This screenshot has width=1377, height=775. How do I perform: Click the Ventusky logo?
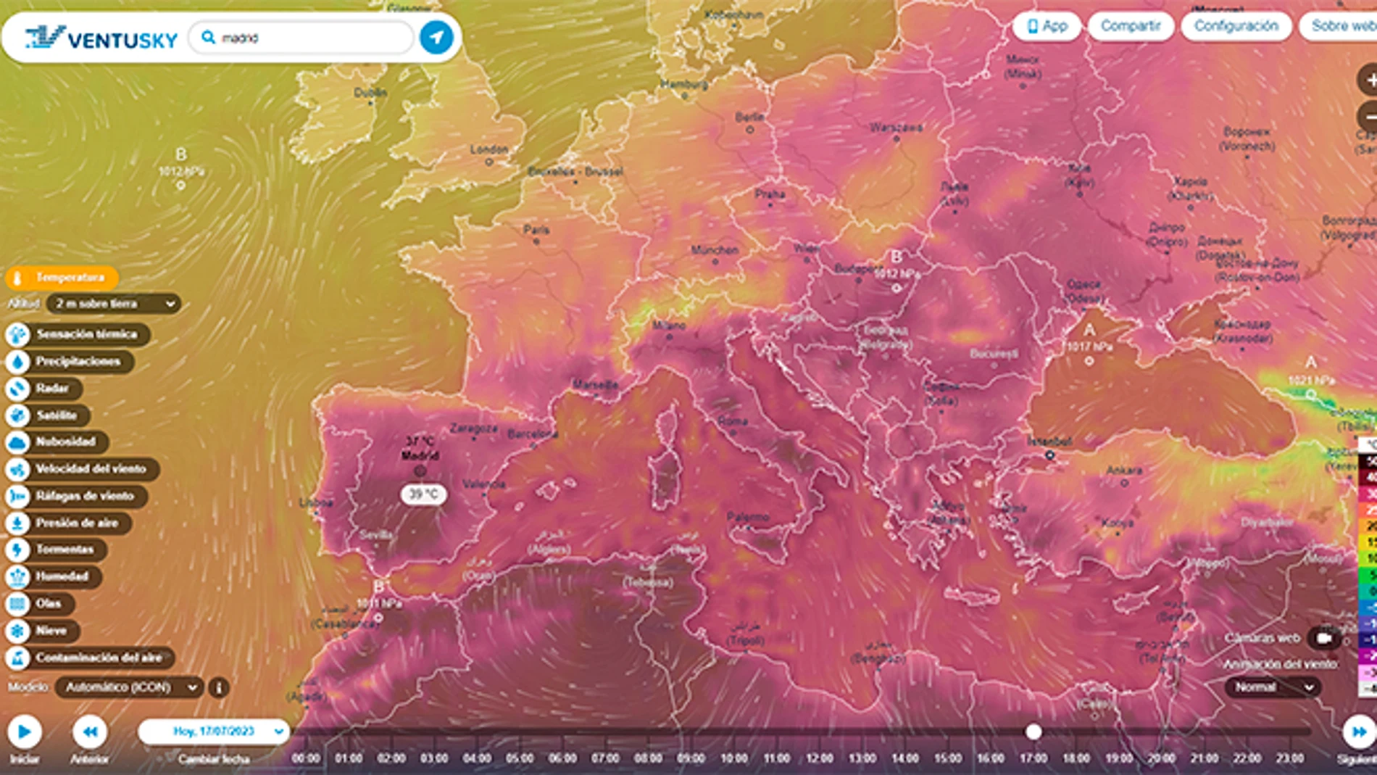point(101,38)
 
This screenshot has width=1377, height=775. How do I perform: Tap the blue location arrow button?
point(436,38)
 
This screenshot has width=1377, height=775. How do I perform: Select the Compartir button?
point(1131,26)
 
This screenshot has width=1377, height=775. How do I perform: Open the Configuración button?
point(1236,26)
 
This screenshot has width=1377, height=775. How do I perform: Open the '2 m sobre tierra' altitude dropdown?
point(115,304)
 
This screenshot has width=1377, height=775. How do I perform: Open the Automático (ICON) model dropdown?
point(129,687)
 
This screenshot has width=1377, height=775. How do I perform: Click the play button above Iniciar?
point(25,732)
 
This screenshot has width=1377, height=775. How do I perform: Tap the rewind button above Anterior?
point(90,732)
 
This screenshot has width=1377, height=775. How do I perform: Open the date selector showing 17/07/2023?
point(215,732)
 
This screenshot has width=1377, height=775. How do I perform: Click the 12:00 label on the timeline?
point(819,758)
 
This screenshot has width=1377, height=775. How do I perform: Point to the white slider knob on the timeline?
point(1033,732)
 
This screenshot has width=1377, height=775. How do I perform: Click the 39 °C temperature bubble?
point(424,494)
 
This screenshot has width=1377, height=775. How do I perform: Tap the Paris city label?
point(536,231)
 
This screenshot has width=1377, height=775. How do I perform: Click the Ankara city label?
point(1124,471)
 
